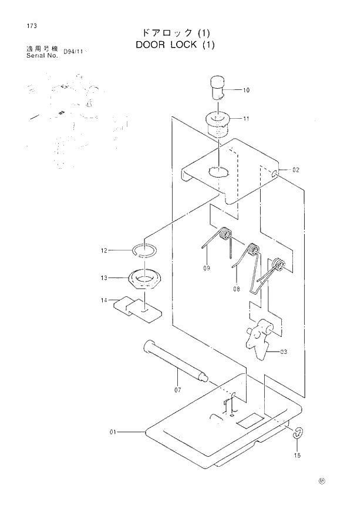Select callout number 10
point(245,90)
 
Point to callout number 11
point(245,118)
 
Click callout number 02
point(295,170)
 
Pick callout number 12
point(105,250)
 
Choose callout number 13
point(105,277)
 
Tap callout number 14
point(104,300)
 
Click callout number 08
point(237,289)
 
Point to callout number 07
point(177,389)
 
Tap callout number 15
point(296,455)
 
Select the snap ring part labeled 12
point(143,250)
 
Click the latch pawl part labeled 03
point(258,339)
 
